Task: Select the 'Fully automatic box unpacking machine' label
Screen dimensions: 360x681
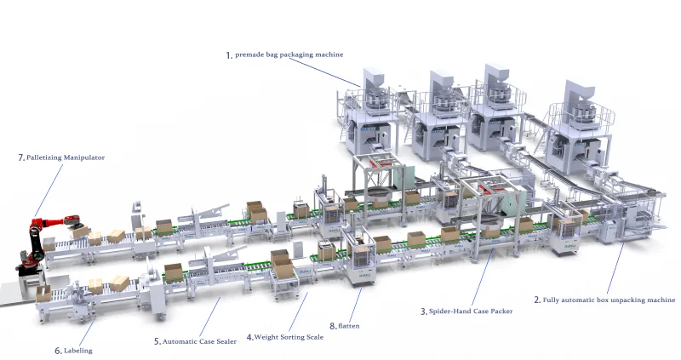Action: click(609, 300)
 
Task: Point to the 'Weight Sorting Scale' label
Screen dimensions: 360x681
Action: click(289, 337)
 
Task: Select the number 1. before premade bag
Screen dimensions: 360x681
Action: click(229, 55)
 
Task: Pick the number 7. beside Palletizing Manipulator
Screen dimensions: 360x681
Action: click(21, 157)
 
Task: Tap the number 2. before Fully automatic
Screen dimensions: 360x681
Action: click(537, 300)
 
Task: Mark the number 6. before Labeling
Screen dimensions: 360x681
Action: click(58, 350)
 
